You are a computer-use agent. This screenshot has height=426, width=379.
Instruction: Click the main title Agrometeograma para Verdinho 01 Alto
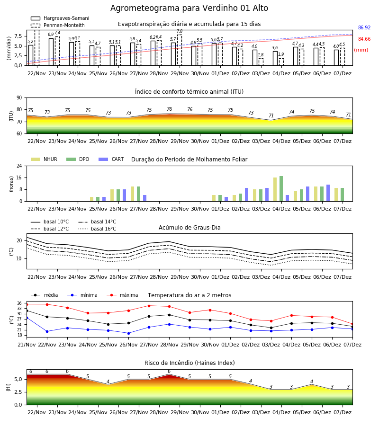[x=189, y=8]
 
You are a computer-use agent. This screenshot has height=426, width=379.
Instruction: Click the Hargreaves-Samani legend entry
[x=60, y=18]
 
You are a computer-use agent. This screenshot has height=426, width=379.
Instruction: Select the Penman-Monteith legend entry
[x=58, y=25]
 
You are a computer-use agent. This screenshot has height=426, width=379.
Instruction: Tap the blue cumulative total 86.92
[x=364, y=28]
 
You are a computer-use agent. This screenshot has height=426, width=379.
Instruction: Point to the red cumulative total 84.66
[x=364, y=39]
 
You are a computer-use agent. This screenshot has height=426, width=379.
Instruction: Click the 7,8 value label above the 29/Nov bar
[x=180, y=31]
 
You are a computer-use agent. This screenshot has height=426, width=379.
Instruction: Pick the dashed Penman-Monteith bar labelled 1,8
[x=261, y=62]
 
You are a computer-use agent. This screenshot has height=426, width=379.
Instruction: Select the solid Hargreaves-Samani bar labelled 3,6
[x=275, y=58]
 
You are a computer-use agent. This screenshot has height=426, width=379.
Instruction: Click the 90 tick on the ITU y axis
[x=19, y=98]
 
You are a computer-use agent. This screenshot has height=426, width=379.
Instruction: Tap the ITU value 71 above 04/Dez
[x=271, y=115]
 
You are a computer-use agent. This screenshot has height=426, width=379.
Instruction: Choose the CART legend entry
[x=111, y=159]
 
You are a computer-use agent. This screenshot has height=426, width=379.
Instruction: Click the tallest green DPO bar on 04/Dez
[x=281, y=189]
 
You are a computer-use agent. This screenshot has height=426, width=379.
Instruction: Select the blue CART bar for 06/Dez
[x=328, y=193]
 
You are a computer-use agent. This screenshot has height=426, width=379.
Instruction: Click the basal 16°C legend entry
[x=97, y=229]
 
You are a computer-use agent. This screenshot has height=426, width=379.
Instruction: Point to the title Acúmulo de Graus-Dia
[x=189, y=228]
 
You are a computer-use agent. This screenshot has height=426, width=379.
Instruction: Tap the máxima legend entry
[x=122, y=295]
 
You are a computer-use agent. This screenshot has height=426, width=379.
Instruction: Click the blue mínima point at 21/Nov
[x=27, y=317]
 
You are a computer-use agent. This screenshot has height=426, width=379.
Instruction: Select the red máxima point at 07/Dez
[x=352, y=324]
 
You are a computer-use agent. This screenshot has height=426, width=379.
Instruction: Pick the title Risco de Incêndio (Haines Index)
[x=189, y=363]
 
